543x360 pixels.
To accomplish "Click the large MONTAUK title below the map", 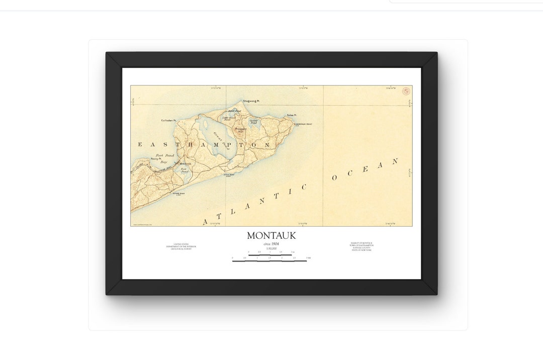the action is (x=271, y=235).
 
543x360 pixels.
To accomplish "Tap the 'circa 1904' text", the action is (x=271, y=244).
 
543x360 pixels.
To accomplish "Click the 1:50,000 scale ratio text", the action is (x=271, y=248).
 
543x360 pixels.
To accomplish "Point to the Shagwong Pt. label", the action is (x=251, y=101).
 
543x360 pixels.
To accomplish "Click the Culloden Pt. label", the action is (x=168, y=120).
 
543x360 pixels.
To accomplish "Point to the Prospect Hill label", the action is (x=240, y=130).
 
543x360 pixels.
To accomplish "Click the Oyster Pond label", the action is (x=254, y=121).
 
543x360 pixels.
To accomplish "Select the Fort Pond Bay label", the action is (x=163, y=159).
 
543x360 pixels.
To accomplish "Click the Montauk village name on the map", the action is (x=185, y=164).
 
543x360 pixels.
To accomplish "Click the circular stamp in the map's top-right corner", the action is (x=406, y=91).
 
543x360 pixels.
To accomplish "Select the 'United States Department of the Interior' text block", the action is (x=182, y=246).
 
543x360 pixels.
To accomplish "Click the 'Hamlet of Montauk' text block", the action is (x=362, y=246).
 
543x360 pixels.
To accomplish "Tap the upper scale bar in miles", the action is (x=270, y=255).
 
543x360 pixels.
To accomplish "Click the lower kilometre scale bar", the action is (x=269, y=261).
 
